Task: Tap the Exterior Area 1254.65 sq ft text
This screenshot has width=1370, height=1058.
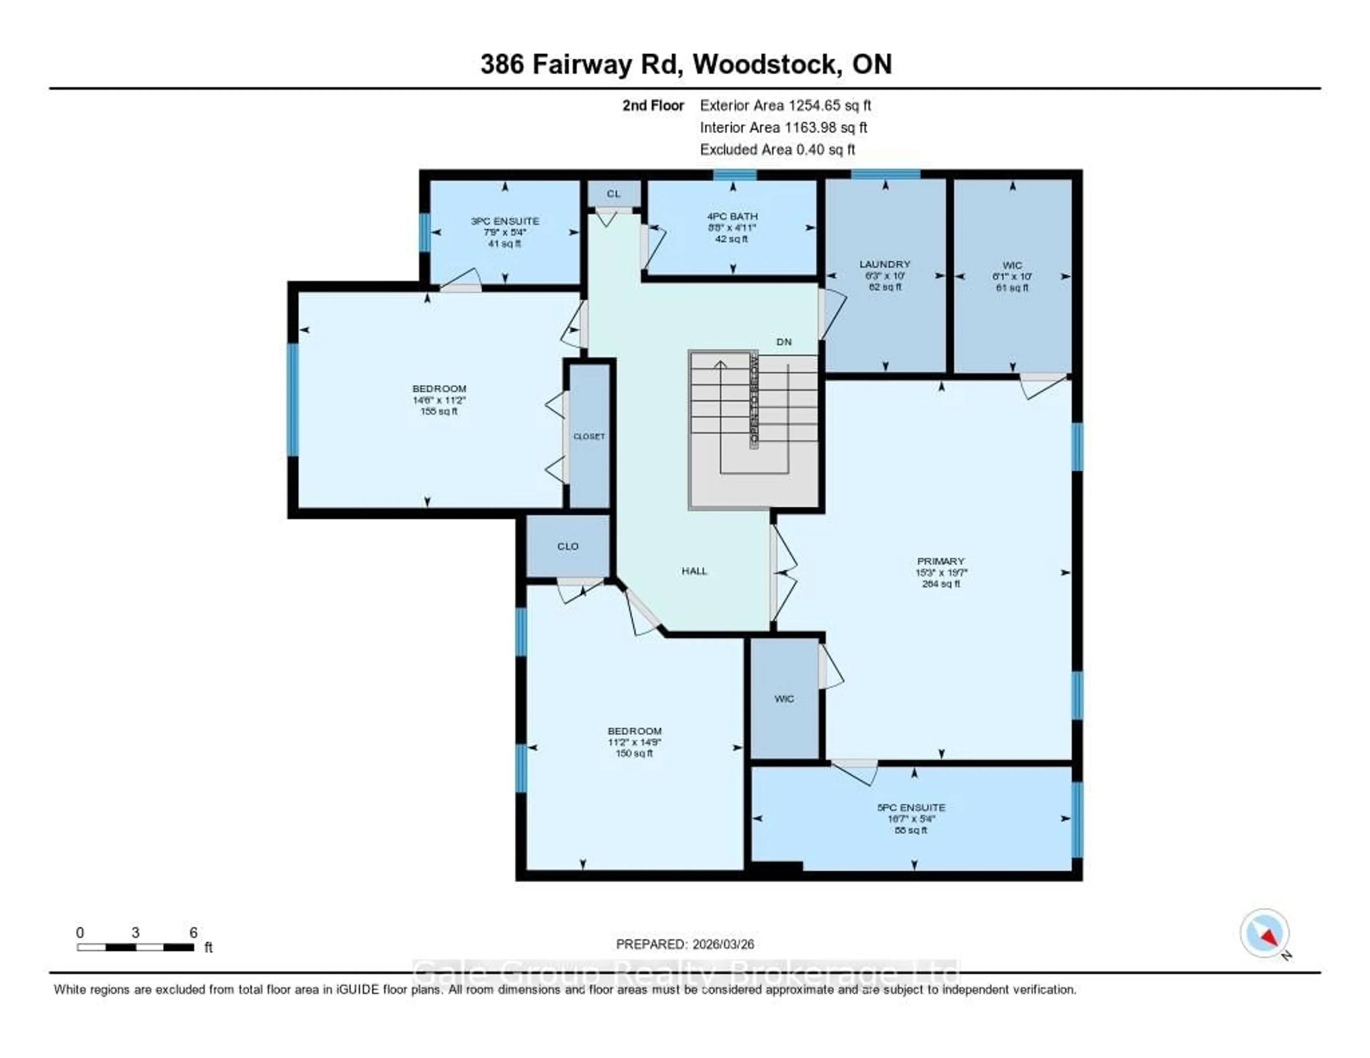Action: click(785, 105)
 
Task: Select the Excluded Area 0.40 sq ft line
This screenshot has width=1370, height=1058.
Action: click(777, 149)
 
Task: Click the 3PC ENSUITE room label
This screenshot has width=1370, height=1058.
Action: click(505, 221)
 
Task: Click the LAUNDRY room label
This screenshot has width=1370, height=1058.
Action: click(884, 264)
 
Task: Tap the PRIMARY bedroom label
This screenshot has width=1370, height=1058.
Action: click(940, 561)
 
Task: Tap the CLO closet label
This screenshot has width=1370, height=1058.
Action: click(568, 546)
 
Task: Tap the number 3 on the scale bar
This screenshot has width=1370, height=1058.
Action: click(136, 932)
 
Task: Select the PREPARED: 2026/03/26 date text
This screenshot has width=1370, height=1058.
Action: click(685, 944)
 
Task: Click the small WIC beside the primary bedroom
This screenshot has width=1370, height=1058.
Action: click(784, 698)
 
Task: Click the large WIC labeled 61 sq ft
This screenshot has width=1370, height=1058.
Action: click(1012, 276)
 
